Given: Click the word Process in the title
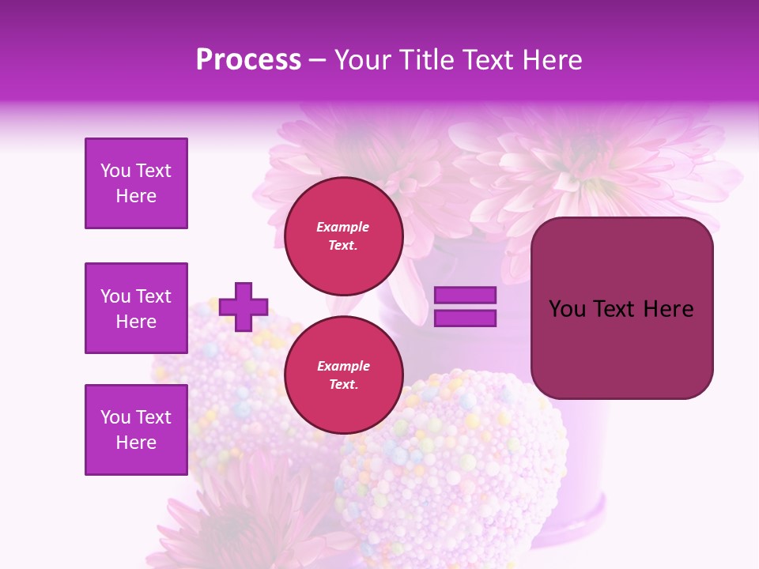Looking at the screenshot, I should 248,60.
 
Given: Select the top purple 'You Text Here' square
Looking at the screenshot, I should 136,183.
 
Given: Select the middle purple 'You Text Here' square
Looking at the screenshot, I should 136,308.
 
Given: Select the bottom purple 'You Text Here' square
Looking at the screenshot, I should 136,430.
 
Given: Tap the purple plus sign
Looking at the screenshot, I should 244,307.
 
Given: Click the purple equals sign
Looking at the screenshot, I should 465,307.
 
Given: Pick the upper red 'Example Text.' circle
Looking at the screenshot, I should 343,236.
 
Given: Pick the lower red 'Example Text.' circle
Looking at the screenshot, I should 343,375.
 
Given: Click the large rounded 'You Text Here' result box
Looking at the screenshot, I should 621,308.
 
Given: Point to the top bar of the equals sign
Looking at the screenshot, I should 465,295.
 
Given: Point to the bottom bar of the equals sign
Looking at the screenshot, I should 465,318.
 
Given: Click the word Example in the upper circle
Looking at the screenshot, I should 343,228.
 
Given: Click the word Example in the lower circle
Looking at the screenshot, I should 343,367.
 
